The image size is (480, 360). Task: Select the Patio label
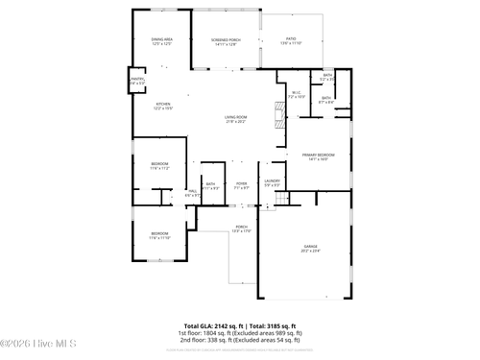tap(290, 41)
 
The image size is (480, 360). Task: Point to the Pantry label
tap(137, 82)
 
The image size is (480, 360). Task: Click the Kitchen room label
tap(163, 107)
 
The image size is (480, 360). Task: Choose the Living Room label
tap(236, 119)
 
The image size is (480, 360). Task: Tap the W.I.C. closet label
tap(297, 95)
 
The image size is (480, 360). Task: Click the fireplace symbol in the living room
tap(279, 116)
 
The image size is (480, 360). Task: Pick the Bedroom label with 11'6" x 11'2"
tap(159, 166)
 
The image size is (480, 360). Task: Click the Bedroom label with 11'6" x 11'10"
tap(159, 235)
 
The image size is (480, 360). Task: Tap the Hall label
tap(192, 193)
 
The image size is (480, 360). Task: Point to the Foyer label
tap(242, 184)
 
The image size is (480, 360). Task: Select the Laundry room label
tap(273, 182)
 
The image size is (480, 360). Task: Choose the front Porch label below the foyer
tap(242, 228)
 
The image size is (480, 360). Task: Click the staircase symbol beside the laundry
tap(281, 198)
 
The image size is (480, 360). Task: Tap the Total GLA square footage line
tap(240, 325)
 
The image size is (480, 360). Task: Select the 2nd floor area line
tap(240, 340)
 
